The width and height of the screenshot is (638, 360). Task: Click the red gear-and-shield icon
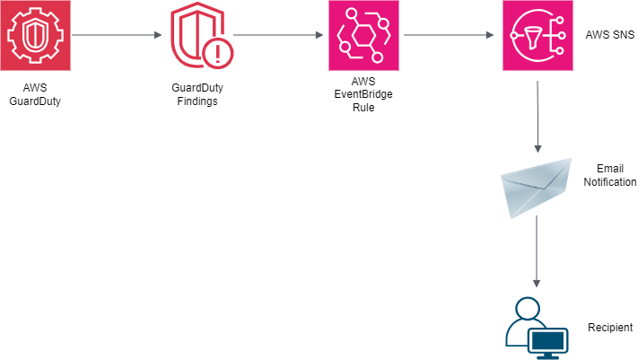pyautogui.click(x=35, y=35)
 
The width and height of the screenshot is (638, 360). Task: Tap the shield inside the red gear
pyautogui.click(x=35, y=36)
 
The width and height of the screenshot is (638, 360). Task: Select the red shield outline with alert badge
pyautogui.click(x=199, y=36)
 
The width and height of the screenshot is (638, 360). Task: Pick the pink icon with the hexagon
pyautogui.click(x=363, y=35)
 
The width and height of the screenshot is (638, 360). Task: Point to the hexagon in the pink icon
pyautogui.click(x=363, y=37)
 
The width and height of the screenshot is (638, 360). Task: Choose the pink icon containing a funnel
pyautogui.click(x=537, y=35)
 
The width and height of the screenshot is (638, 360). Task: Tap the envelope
pyautogui.click(x=537, y=187)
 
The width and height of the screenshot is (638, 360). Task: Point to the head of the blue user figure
pyautogui.click(x=528, y=308)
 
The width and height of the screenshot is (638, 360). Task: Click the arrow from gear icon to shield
pyautogui.click(x=117, y=36)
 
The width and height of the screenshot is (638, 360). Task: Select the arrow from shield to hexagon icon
pyautogui.click(x=278, y=36)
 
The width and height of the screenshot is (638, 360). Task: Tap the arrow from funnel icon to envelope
pyautogui.click(x=537, y=117)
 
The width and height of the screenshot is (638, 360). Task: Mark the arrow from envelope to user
pyautogui.click(x=537, y=251)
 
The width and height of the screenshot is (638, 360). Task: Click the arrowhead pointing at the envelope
pyautogui.click(x=537, y=149)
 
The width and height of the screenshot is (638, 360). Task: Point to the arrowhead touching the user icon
pyautogui.click(x=537, y=284)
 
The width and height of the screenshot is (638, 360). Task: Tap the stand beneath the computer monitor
pyautogui.click(x=547, y=356)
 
